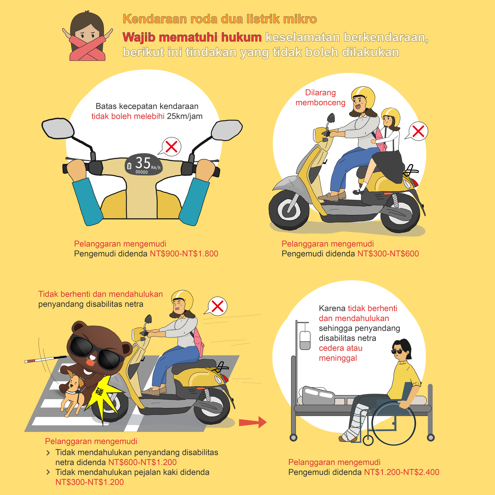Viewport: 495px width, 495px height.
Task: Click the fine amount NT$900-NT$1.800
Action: tap(184, 254)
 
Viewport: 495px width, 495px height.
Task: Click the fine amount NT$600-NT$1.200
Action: tap(142, 462)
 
